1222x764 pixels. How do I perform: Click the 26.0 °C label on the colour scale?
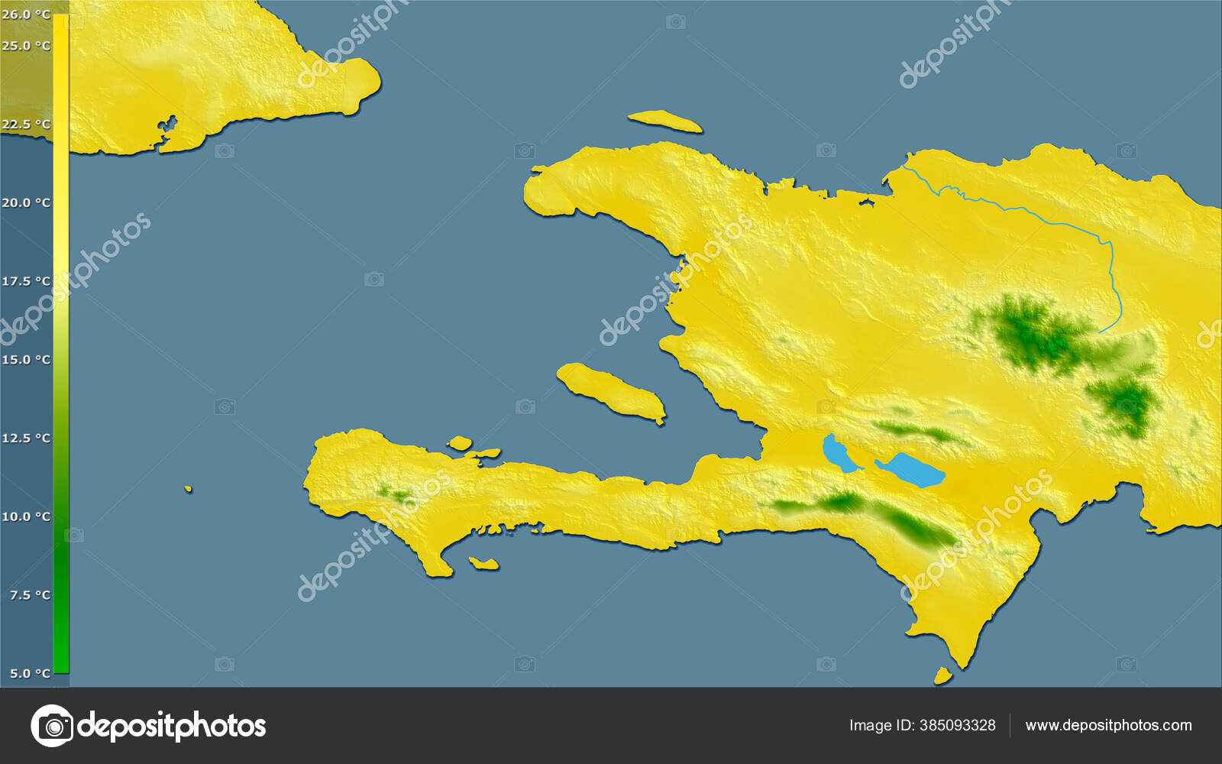[x=26, y=15]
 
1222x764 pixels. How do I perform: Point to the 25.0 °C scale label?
[x=26, y=46]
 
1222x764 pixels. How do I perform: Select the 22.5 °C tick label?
[x=26, y=125]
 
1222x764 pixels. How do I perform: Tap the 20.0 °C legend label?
[x=26, y=202]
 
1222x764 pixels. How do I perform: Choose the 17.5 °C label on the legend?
[x=26, y=281]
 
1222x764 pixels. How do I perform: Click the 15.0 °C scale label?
[x=26, y=360]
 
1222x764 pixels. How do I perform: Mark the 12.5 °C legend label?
[x=26, y=438]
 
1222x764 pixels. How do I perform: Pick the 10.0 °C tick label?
[x=26, y=516]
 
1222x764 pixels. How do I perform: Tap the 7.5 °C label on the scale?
[x=30, y=595]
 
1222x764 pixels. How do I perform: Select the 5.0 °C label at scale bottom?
[x=30, y=673]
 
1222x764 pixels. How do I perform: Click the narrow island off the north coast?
[x=664, y=120]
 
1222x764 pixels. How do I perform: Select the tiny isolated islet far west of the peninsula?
[x=188, y=489]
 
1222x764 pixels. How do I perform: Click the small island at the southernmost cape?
[x=943, y=675]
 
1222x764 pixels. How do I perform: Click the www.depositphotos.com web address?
[x=1108, y=725]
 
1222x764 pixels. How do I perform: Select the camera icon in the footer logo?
[x=52, y=726]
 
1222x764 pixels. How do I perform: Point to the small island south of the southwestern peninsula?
[x=483, y=564]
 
